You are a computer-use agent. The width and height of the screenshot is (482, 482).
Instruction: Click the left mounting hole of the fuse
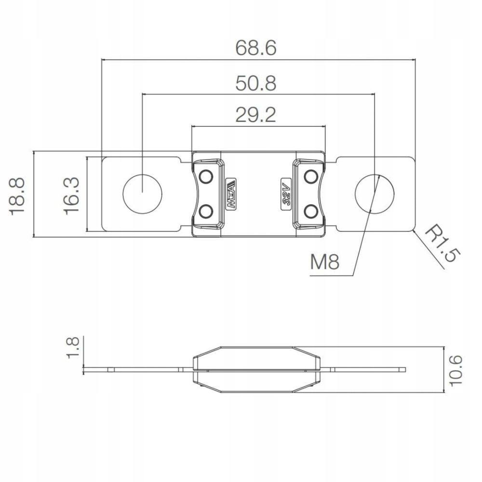[142, 192]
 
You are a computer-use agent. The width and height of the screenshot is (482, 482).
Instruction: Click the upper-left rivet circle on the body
[206, 177]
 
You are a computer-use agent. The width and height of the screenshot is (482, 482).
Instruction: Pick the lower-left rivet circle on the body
[206, 211]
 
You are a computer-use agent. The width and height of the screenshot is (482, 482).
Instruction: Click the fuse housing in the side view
[256, 370]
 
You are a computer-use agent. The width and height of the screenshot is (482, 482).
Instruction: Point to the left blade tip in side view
[87, 370]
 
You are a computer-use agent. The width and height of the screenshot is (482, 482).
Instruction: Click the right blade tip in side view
[402, 370]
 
